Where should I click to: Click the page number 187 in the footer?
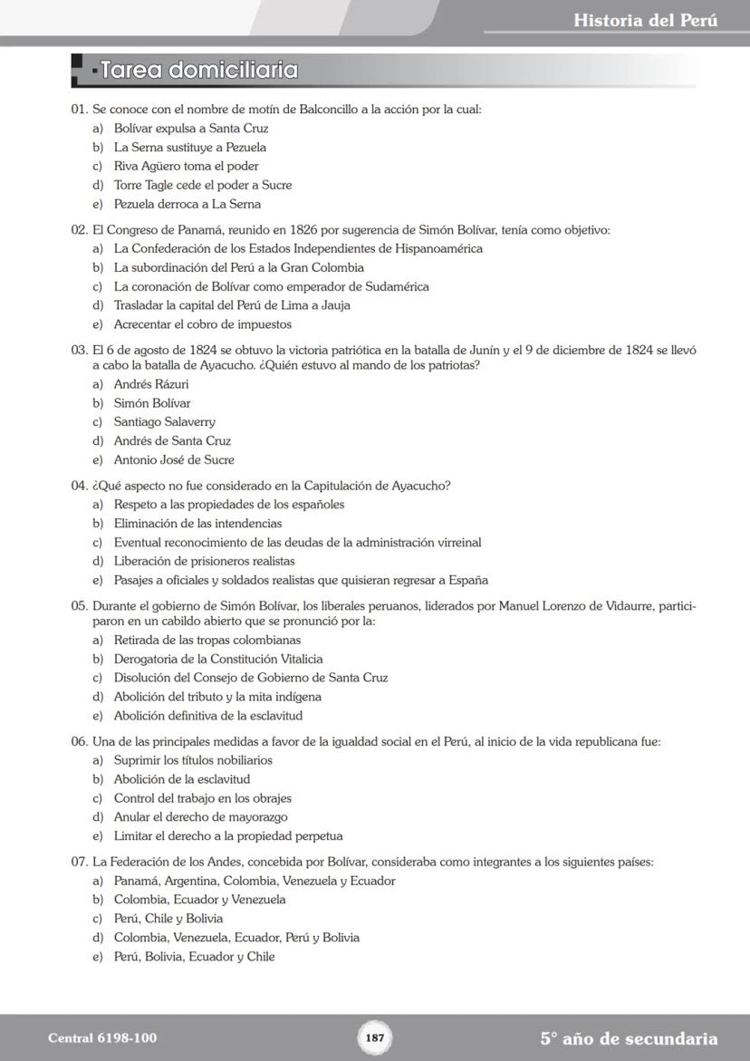click(375, 1038)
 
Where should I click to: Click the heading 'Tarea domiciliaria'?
click(199, 70)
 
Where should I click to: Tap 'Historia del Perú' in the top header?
click(645, 20)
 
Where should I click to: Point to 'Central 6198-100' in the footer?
click(95, 1038)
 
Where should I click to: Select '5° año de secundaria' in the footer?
click(629, 1038)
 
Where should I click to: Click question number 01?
click(79, 110)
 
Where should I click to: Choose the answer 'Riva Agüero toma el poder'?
click(186, 167)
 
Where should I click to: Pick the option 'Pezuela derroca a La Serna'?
click(187, 205)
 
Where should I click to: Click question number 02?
click(79, 230)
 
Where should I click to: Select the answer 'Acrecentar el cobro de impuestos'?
click(202, 324)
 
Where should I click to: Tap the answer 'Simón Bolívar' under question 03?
click(152, 403)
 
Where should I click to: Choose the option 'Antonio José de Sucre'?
click(174, 460)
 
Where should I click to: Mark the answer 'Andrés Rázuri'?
click(151, 384)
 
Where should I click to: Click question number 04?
click(79, 486)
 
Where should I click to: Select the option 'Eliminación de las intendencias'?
click(197, 524)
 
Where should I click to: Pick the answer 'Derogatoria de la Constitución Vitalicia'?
click(217, 660)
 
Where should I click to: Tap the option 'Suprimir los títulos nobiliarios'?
click(193, 760)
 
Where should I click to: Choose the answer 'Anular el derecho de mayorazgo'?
click(200, 817)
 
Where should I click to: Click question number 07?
click(79, 862)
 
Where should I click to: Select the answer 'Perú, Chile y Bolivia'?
click(168, 919)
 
